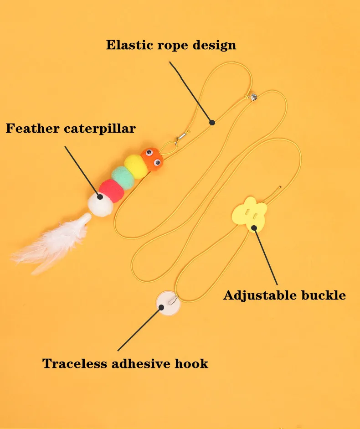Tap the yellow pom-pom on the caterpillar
click(x=136, y=165)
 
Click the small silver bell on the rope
click(x=252, y=97)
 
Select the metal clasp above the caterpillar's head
click(x=184, y=135)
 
